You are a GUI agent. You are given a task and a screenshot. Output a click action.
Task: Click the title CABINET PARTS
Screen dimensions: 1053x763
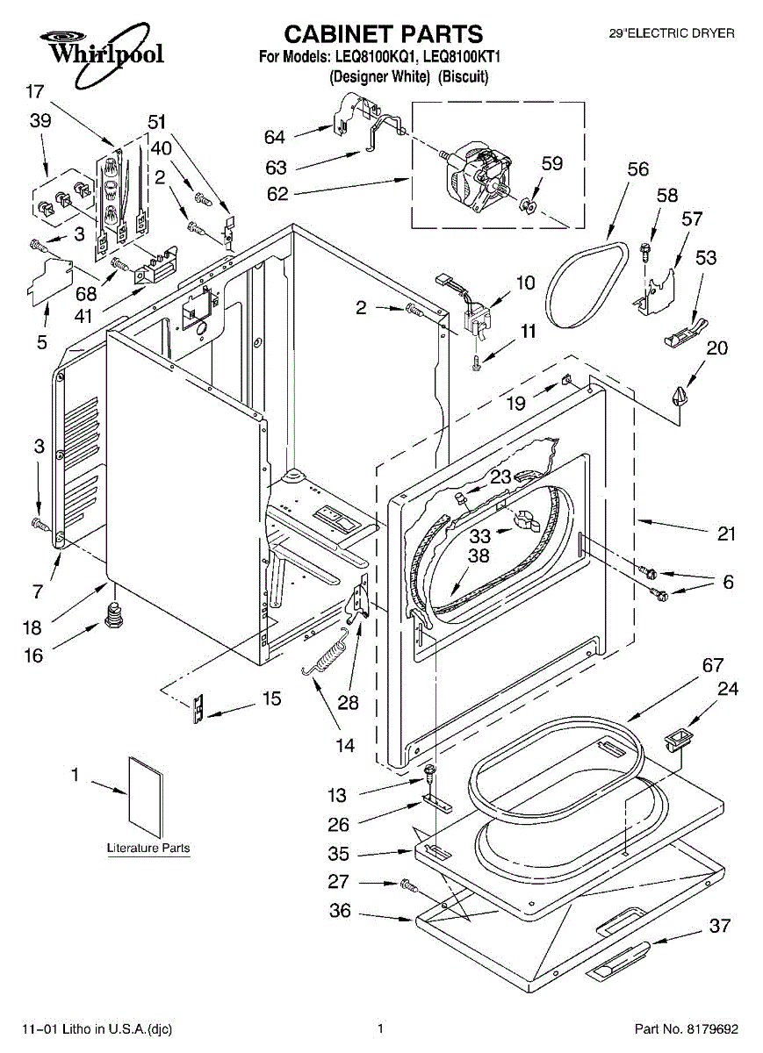pyautogui.click(x=383, y=34)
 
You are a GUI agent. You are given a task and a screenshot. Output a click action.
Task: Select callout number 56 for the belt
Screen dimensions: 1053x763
pyautogui.click(x=637, y=170)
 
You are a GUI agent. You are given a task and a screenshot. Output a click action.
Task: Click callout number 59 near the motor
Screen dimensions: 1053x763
pyautogui.click(x=551, y=163)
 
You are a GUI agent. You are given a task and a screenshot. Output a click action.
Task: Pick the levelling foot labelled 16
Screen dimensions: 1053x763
pyautogui.click(x=112, y=616)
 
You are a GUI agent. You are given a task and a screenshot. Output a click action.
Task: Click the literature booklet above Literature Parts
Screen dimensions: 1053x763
pyautogui.click(x=145, y=795)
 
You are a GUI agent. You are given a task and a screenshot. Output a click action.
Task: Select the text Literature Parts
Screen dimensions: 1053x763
pyautogui.click(x=148, y=849)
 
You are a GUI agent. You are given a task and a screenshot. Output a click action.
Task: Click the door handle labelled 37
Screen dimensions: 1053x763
pyautogui.click(x=619, y=956)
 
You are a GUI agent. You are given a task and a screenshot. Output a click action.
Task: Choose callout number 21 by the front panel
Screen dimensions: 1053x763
pyautogui.click(x=726, y=534)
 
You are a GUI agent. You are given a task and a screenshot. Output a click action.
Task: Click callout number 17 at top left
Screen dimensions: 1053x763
pyautogui.click(x=35, y=91)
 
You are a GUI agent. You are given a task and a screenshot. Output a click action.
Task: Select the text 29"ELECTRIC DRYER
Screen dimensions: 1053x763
pyautogui.click(x=672, y=34)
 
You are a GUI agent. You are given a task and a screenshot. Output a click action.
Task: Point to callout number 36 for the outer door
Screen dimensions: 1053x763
pyautogui.click(x=340, y=911)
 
